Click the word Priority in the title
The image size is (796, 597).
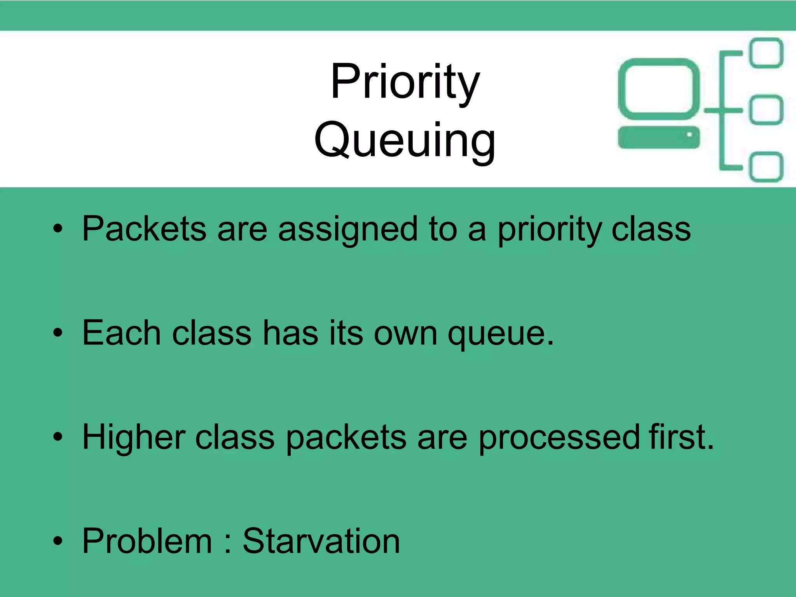point(405,82)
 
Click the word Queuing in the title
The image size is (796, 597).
point(405,141)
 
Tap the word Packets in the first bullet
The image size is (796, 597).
point(144,229)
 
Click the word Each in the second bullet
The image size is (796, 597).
point(122,333)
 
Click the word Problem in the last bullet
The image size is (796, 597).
point(147,541)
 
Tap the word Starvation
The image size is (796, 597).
point(321,541)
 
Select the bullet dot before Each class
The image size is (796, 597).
point(58,333)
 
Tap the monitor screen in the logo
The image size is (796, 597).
point(658,90)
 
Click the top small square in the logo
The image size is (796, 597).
point(766,53)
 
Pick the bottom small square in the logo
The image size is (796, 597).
point(766,167)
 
